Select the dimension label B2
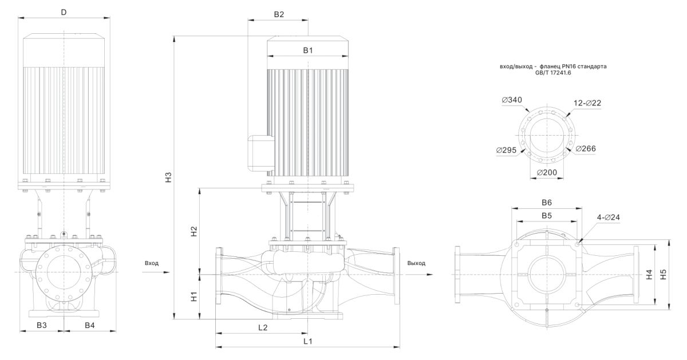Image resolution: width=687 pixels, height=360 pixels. [x=279, y=14]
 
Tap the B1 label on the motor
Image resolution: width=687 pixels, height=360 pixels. [x=308, y=50]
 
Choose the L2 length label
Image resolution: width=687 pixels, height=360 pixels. [x=262, y=328]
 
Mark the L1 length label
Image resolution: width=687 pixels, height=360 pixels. [x=307, y=341]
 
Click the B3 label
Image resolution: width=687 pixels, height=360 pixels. [x=42, y=325]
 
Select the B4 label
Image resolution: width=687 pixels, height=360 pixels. [x=90, y=325]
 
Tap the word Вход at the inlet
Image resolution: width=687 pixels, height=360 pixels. [x=152, y=263]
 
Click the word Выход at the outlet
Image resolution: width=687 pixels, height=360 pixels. [x=416, y=263]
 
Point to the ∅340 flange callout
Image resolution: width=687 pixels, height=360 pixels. [x=511, y=100]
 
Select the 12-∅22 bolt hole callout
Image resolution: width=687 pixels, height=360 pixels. [x=587, y=102]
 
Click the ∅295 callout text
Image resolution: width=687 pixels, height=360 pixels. [x=506, y=150]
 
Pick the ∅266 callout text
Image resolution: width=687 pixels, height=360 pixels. [x=586, y=149]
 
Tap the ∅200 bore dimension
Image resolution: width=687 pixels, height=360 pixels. [x=548, y=172]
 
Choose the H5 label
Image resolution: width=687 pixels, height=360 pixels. [x=663, y=274]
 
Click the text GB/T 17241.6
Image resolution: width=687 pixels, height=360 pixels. [x=553, y=73]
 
